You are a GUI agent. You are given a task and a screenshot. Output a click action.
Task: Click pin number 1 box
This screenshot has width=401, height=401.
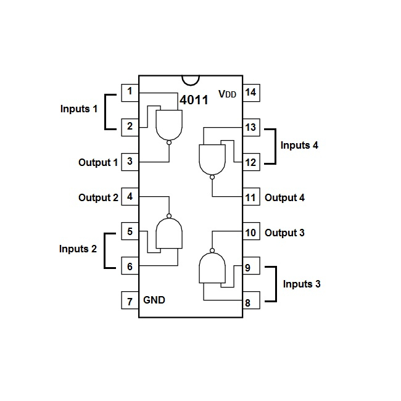(130, 93)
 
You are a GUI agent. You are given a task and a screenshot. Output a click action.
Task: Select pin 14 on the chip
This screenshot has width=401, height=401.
(250, 93)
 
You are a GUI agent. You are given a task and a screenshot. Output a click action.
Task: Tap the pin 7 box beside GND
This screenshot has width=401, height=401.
(130, 301)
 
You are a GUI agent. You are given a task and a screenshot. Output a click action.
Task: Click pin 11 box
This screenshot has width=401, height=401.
(250, 197)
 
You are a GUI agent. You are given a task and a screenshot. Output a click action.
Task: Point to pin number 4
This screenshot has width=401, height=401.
(130, 197)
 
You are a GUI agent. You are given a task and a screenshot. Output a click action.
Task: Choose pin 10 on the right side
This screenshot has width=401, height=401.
(250, 233)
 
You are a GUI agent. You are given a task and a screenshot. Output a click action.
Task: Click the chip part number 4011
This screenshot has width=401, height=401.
(194, 100)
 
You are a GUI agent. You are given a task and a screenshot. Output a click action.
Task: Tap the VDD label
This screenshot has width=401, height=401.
(228, 94)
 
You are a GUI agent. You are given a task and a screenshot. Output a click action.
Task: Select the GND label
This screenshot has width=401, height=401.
(154, 300)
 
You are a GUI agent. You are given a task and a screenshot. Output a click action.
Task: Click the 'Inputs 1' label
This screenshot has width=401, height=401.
(79, 109)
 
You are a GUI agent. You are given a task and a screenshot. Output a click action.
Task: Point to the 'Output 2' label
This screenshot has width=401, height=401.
(98, 198)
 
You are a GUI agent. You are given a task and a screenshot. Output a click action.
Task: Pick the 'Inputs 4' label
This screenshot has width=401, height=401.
(299, 146)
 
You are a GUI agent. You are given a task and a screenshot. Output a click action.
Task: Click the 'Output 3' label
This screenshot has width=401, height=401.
(284, 233)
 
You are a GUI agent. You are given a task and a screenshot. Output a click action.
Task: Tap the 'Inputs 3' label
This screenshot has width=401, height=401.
(302, 284)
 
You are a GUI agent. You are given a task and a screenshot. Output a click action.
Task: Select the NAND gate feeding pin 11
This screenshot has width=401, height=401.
(212, 159)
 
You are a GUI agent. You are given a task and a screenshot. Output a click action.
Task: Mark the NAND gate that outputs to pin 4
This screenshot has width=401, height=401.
(168, 234)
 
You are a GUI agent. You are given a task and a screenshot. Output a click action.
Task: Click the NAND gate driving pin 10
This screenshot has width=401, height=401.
(212, 269)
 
